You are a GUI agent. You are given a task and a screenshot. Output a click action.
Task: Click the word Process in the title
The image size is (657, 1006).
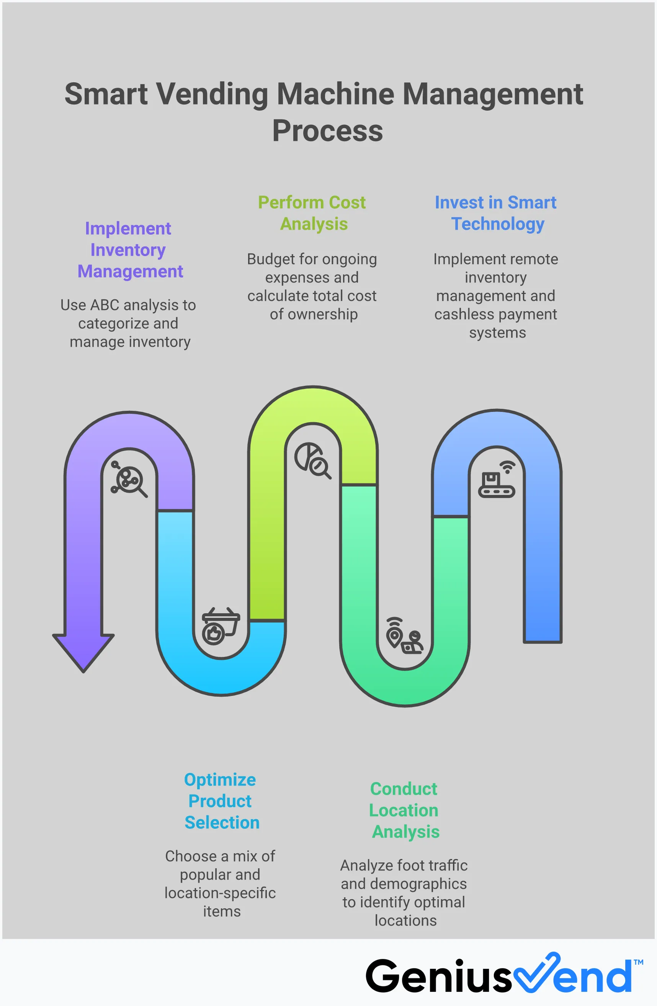point(327,131)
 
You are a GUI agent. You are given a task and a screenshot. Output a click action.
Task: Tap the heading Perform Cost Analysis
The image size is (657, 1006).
point(312,213)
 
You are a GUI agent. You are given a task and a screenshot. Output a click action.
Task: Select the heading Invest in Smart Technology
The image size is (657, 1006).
point(495,213)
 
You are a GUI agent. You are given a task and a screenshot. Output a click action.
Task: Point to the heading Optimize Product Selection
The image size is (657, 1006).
point(220,801)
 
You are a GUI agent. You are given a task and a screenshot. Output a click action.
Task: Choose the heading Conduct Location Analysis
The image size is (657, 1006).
point(404,810)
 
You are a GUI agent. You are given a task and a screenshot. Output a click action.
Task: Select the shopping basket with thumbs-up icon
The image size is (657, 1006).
point(220,625)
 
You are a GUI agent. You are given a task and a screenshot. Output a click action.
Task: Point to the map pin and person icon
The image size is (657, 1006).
point(404,636)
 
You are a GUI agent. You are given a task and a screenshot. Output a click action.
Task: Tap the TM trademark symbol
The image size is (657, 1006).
point(638,962)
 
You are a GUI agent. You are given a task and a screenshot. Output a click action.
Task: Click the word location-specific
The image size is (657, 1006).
point(220,893)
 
